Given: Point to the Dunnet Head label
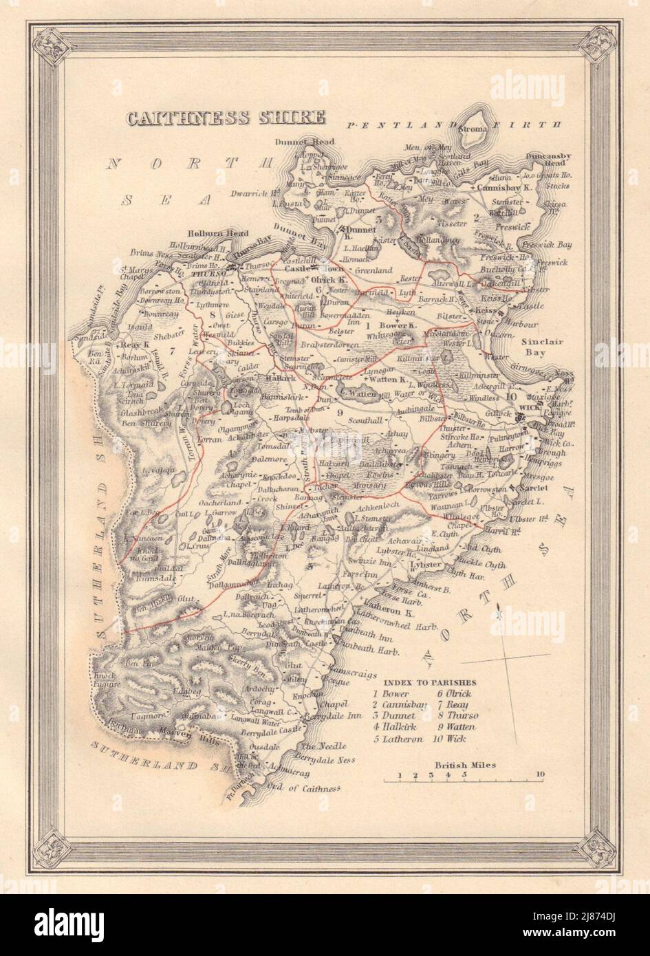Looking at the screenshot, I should pyautogui.click(x=310, y=142).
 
